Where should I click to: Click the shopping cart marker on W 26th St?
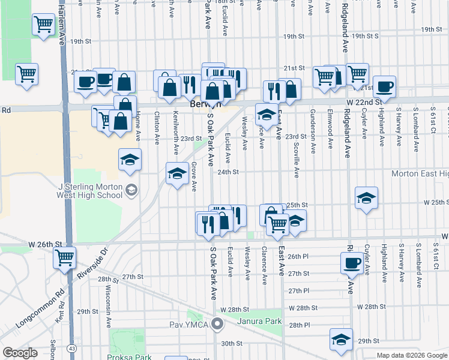[x=64, y=258]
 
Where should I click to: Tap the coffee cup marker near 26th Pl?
[x=351, y=262]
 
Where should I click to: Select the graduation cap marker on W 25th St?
[x=366, y=197]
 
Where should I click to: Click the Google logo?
[x=20, y=352]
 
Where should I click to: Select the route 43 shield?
[x=72, y=348]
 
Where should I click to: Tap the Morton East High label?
[x=420, y=173]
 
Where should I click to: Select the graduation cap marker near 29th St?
[x=341, y=340]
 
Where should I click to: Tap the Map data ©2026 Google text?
[x=412, y=355]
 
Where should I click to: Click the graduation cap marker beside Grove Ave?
[x=176, y=173]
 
